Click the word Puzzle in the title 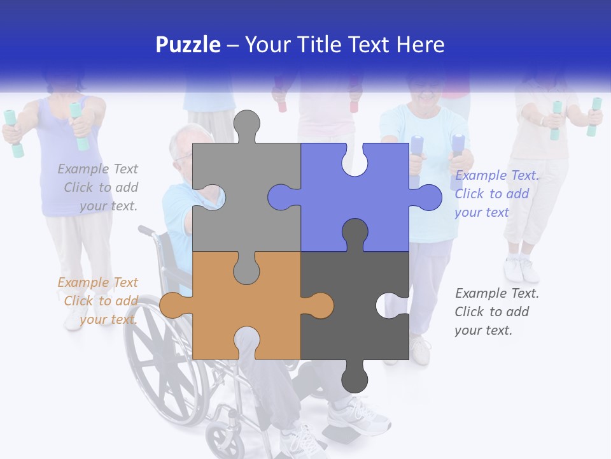coord(188,45)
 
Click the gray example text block coord(99,187)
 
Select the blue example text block coord(496,194)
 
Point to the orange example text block coord(99,301)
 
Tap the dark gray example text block coord(496,312)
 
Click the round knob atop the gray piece coord(246,124)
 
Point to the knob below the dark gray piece coord(355,379)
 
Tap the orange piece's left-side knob coord(172,305)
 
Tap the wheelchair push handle coord(145,229)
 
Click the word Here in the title coord(420,45)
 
